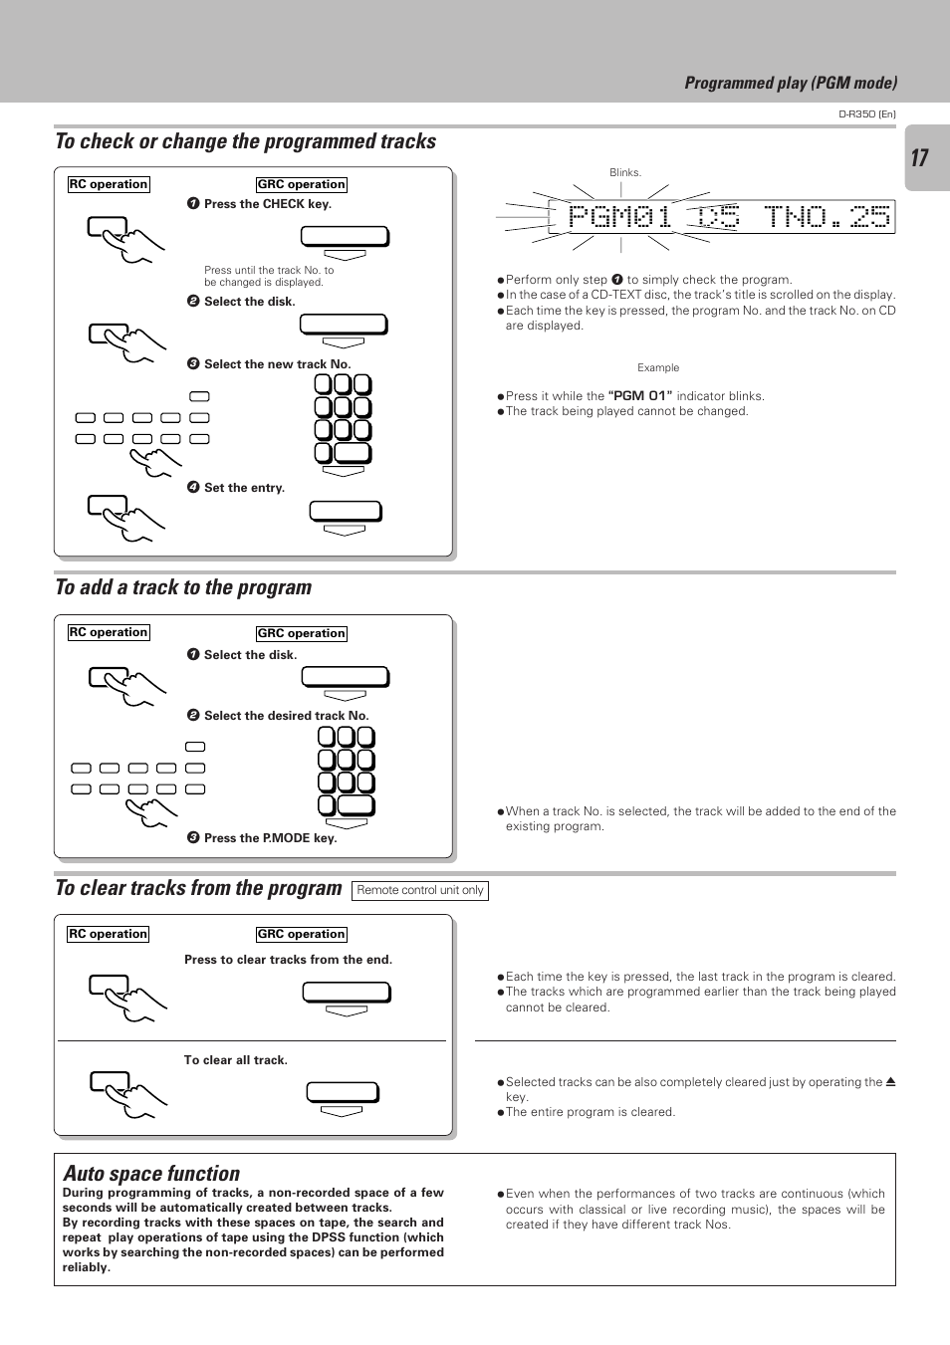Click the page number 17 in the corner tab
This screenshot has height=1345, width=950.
[919, 157]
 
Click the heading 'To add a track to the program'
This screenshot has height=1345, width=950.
[183, 587]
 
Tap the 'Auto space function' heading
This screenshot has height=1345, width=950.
[151, 1174]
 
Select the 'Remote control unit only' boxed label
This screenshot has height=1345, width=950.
[420, 890]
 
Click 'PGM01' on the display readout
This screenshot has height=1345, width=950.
[620, 217]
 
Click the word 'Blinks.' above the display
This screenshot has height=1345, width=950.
[625, 172]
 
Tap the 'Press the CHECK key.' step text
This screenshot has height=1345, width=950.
[267, 204]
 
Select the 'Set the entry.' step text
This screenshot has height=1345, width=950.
[244, 488]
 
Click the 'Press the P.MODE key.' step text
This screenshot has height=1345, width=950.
[270, 838]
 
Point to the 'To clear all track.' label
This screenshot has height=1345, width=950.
[235, 1060]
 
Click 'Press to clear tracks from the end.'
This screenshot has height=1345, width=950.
[288, 960]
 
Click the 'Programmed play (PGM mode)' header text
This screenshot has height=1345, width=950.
[791, 83]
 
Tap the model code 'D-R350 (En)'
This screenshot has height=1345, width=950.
[866, 114]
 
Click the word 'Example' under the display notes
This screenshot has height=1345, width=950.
[658, 367]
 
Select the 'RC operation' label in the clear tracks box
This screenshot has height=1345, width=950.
[109, 934]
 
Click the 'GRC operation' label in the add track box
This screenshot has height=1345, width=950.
[301, 633]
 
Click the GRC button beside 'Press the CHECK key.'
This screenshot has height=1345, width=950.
[345, 237]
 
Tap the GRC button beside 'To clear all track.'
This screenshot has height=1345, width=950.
[343, 1093]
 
